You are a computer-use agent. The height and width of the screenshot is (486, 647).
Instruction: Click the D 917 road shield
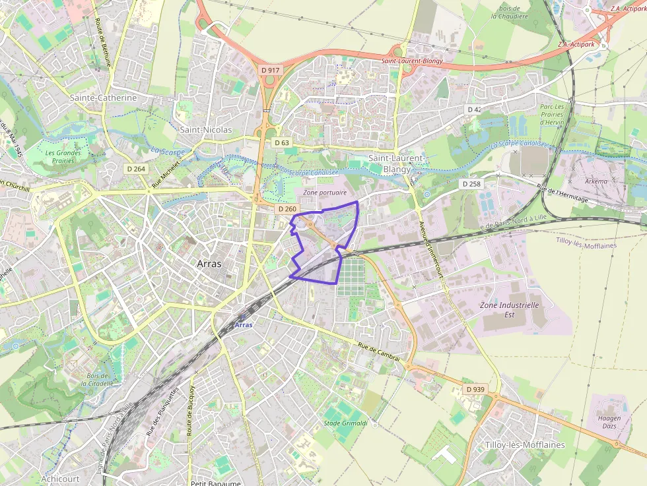tap(271, 70)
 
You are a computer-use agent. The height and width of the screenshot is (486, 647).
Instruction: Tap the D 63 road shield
tap(282, 142)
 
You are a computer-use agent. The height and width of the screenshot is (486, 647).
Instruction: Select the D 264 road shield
tap(135, 169)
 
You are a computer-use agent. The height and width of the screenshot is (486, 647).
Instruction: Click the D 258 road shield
tap(471, 183)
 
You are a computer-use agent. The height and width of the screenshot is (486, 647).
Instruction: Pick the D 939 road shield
tap(475, 390)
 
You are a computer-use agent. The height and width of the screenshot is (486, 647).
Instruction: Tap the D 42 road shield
tap(474, 109)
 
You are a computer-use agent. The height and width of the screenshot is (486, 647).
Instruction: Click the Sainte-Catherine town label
tap(104, 98)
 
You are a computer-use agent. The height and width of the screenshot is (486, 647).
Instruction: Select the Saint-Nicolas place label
tap(206, 130)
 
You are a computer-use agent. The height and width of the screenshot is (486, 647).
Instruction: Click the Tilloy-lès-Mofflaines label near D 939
tap(525, 445)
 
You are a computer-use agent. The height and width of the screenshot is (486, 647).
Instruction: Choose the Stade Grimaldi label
tap(345, 423)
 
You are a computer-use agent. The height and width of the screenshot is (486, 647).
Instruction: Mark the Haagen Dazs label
tap(609, 423)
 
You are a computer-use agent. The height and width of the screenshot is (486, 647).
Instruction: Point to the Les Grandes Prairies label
tap(63, 157)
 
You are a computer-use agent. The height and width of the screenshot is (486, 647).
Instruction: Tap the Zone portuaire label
tap(325, 193)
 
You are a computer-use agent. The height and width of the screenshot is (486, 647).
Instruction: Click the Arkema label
tap(596, 181)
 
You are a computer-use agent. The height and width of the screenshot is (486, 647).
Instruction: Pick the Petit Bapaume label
tap(215, 483)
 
